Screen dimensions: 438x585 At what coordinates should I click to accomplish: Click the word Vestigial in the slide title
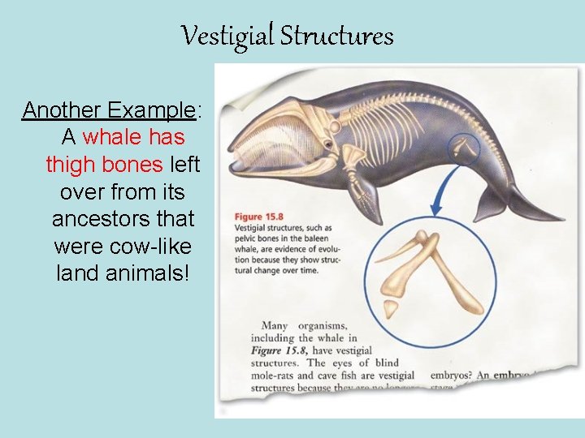pos(227,36)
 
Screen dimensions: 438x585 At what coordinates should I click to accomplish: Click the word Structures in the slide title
pos(336,36)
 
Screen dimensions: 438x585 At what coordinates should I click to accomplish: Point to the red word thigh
pos(70,165)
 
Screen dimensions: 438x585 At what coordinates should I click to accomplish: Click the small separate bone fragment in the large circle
pos(391,308)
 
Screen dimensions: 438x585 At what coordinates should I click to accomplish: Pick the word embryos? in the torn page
pos(446,376)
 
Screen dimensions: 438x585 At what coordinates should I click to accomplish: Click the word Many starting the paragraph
pos(275,326)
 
